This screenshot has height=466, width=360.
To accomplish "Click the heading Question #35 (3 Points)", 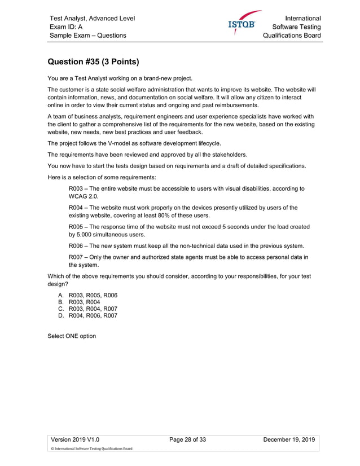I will pos(94,61).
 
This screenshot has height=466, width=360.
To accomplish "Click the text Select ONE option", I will pos(72,336).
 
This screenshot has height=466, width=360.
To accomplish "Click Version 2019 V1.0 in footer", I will pos(77,440).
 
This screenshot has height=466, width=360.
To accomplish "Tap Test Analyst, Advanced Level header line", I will pos(92,18).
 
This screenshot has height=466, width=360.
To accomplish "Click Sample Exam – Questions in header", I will pos(87,36).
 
